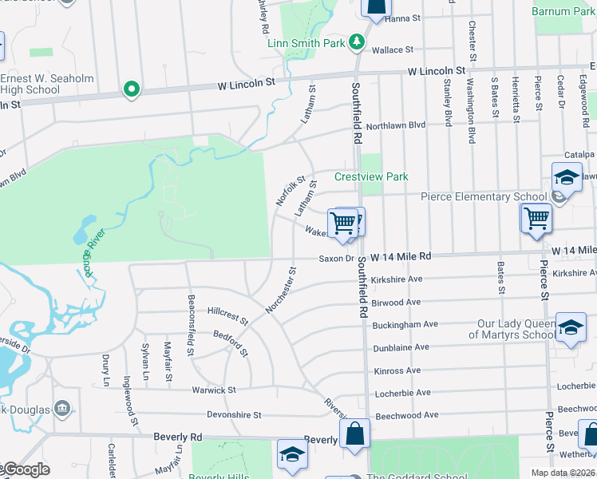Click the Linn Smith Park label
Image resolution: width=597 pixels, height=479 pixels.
point(306,42)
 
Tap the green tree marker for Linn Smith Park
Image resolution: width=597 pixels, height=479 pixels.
point(358,42)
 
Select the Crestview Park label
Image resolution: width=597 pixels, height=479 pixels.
point(371,176)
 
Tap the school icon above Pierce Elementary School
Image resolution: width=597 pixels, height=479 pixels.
point(566,177)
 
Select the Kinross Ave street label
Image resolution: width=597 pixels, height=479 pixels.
point(397,371)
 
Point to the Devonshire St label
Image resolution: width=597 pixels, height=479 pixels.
point(234,415)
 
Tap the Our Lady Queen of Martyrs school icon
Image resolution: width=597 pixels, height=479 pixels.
point(570,328)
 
